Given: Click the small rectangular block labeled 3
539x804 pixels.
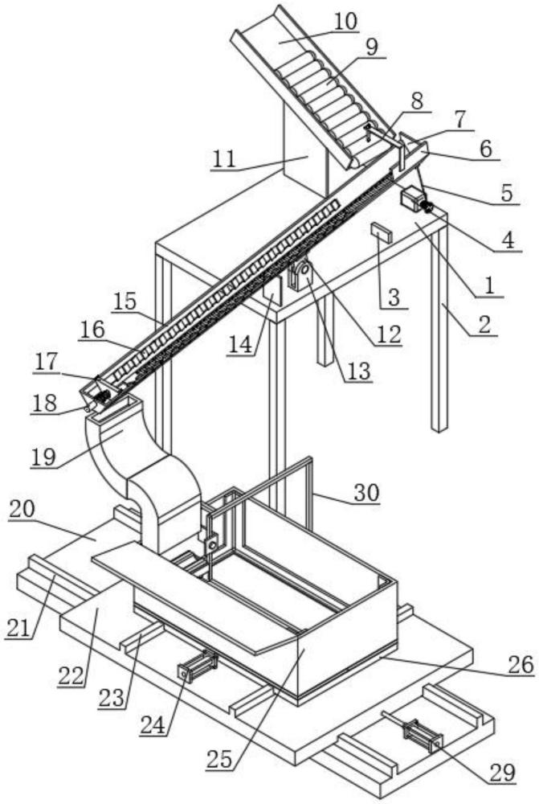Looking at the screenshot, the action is point(380,234).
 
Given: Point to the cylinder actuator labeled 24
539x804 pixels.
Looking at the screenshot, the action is point(196,665).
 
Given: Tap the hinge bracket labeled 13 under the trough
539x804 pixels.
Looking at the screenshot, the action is point(300,276).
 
